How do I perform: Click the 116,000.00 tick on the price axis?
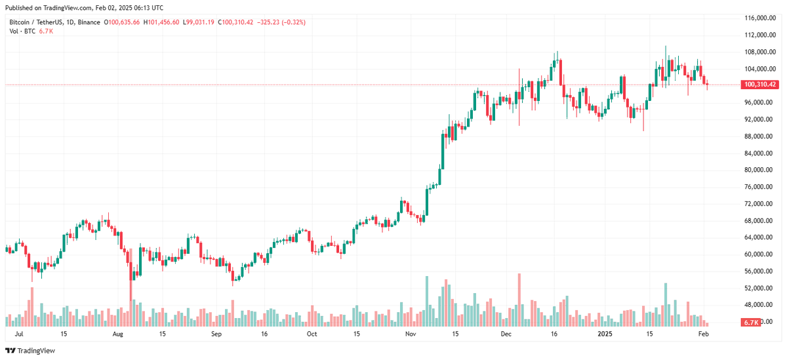click(759, 17)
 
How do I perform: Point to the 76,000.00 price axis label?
click(759, 187)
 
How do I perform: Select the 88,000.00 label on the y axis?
click(759, 136)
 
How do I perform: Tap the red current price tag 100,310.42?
click(760, 85)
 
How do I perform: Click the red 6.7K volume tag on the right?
click(750, 323)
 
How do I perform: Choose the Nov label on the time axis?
click(411, 334)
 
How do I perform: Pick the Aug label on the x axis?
click(117, 334)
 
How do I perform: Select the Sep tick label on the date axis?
click(218, 334)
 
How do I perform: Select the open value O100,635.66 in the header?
click(121, 22)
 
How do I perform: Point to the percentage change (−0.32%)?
click(291, 22)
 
